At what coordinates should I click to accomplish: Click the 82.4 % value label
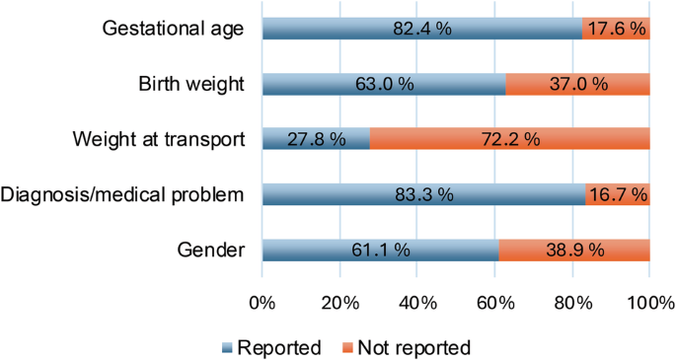tap(418, 29)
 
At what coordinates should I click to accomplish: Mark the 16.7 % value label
tap(618, 195)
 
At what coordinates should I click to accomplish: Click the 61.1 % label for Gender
tap(379, 251)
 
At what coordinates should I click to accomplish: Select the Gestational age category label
tap(173, 29)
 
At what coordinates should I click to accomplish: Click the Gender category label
tap(216, 251)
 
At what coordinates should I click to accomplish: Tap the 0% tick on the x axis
tap(263, 302)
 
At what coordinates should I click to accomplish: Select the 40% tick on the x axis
tap(417, 302)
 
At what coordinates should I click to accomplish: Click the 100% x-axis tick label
tap(648, 302)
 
